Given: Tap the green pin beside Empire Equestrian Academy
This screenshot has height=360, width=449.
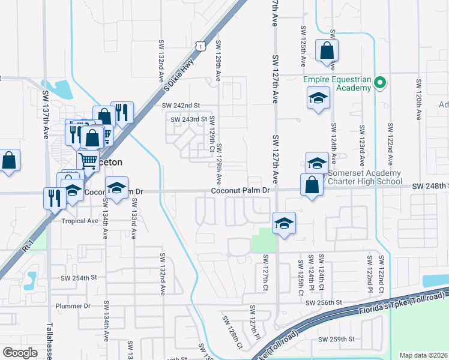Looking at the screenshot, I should coord(379,83).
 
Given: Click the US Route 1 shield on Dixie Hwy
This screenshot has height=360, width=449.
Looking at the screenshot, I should coord(200,44).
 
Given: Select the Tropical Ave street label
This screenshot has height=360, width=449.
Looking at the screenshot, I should coord(79,221).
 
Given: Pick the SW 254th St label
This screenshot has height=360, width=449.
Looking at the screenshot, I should coord(79,278).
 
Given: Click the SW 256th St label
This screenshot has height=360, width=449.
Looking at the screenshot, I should coord(323,303).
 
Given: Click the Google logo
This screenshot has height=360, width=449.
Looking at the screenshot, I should coord(20,352).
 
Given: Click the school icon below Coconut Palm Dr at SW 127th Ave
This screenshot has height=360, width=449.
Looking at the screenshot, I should coord(283,223).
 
